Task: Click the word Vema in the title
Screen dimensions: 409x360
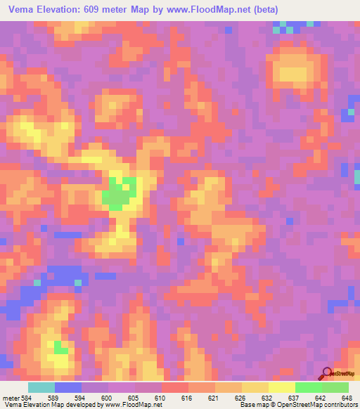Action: click(x=22, y=10)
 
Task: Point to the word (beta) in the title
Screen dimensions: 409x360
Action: click(x=266, y=10)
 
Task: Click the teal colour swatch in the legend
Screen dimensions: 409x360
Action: click(x=41, y=387)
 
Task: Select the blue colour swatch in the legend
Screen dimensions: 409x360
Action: click(x=68, y=387)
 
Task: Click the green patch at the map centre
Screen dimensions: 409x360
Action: click(x=120, y=195)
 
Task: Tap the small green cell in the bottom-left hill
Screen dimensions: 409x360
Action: click(x=61, y=347)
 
